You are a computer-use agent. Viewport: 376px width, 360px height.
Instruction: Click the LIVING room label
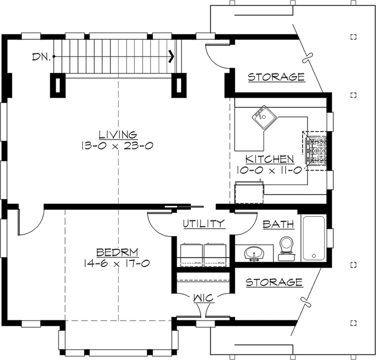click(117, 135)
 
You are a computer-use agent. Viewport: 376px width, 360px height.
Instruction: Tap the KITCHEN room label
click(270, 159)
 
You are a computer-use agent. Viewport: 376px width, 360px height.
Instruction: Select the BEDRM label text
click(117, 253)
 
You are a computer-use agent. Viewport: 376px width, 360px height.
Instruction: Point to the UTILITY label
click(204, 224)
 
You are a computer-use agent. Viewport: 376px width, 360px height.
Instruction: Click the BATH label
click(278, 224)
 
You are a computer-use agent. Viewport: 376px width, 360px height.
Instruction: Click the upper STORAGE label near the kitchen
click(275, 77)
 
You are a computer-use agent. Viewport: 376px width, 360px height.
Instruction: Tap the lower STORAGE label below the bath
click(273, 283)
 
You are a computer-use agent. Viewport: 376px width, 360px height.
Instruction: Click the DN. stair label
click(41, 57)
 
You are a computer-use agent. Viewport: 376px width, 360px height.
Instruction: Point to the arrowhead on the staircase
click(171, 57)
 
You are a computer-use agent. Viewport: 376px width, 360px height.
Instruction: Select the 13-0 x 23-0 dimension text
click(117, 146)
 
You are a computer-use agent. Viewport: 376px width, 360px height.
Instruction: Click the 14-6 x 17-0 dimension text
click(117, 264)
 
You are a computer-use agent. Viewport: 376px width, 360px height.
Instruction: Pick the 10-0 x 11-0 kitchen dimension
click(270, 170)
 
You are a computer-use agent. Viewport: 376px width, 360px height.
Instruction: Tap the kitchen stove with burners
click(316, 149)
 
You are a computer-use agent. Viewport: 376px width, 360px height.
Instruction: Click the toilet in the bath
click(286, 248)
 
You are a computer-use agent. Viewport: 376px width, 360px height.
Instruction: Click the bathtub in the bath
click(313, 239)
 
